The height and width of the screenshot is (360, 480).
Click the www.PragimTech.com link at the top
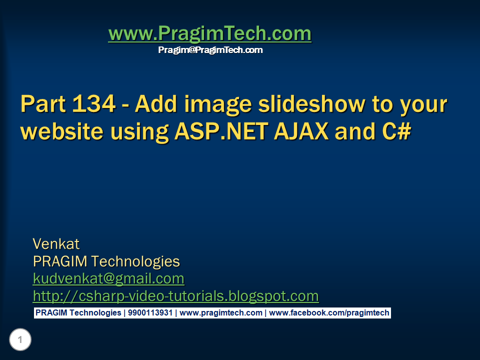209,34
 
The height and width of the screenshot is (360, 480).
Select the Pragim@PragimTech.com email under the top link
210,50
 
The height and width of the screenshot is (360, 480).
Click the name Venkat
56,244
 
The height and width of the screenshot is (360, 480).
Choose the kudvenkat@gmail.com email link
108,278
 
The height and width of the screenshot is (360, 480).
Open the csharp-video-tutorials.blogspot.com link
175,296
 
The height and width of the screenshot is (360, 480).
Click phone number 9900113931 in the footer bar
149,313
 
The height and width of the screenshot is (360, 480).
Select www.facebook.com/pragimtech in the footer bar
329,313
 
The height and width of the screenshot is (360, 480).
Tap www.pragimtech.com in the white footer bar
221,313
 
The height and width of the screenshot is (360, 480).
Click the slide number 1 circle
20,340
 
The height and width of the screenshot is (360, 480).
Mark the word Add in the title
150,104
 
